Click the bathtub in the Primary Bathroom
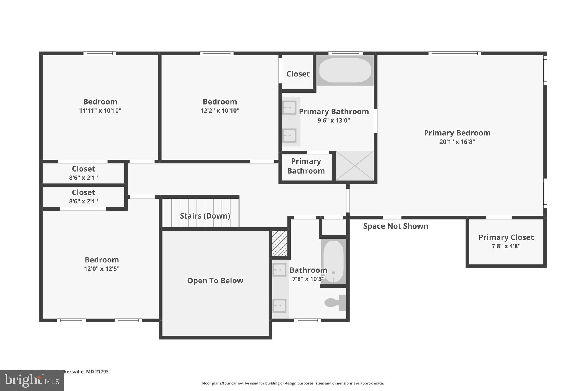click(345, 70)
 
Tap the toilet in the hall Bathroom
click(335, 302)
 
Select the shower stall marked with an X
click(355, 166)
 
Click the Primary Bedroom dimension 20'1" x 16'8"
click(457, 142)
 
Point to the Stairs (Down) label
click(205, 216)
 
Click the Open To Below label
click(215, 281)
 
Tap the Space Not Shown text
click(395, 226)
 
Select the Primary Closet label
click(506, 237)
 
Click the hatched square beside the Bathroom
click(280, 243)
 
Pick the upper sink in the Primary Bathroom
click(289, 107)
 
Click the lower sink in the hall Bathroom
click(280, 306)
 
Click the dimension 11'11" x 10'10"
click(100, 111)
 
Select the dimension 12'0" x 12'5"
click(102, 269)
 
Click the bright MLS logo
click(31, 380)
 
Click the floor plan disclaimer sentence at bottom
click(293, 383)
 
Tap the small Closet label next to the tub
click(298, 74)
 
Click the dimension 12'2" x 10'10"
click(220, 111)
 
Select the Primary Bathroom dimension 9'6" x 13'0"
click(334, 120)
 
